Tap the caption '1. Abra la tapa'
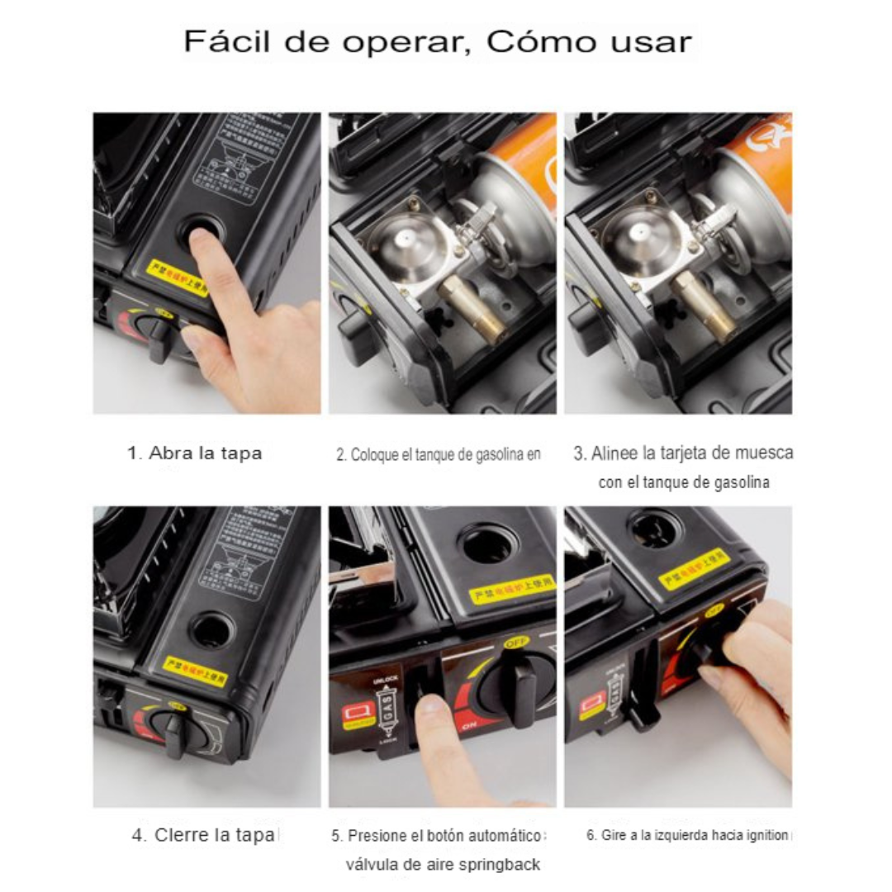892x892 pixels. tap(195, 453)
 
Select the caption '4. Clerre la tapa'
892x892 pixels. tap(205, 835)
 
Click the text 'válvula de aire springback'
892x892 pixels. tap(443, 865)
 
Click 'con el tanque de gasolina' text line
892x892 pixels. tap(684, 482)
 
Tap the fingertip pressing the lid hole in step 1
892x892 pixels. tap(200, 240)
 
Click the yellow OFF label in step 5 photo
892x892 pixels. tap(514, 641)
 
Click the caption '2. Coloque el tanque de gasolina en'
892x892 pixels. tap(438, 454)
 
